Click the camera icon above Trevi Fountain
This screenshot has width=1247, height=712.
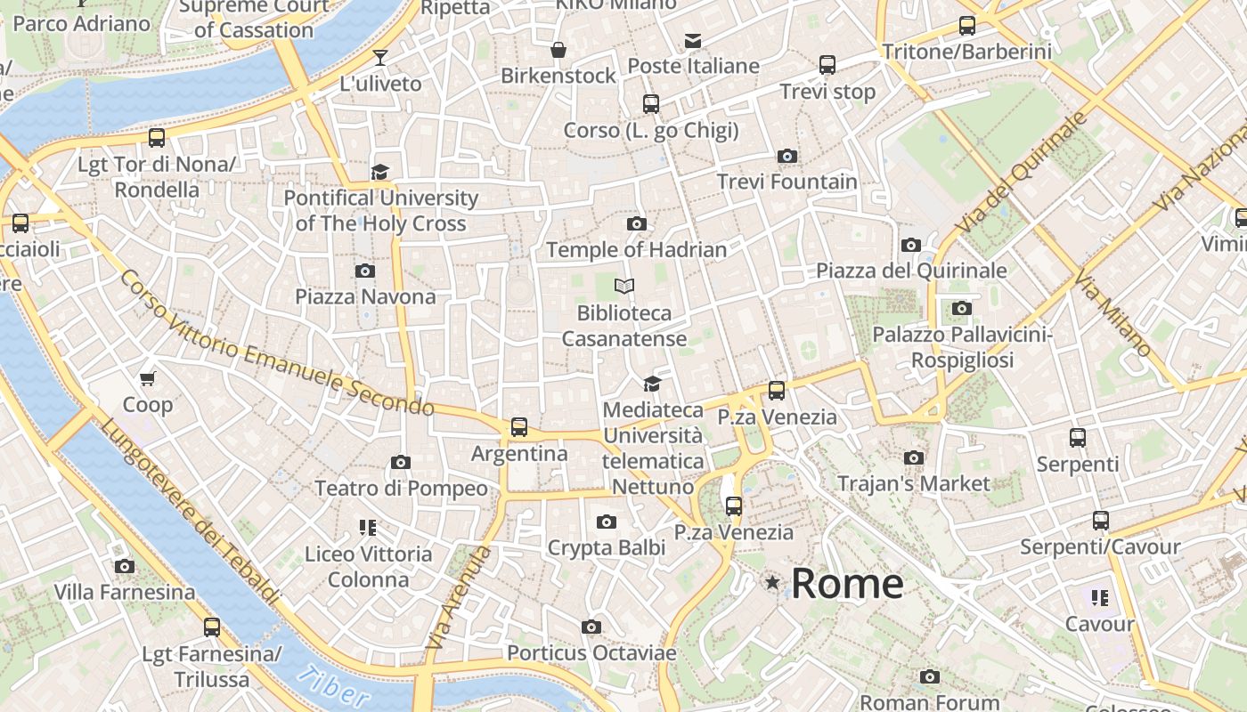pos(787,157)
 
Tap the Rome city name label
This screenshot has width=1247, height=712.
pos(847,584)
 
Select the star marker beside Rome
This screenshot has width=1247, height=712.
pos(772,583)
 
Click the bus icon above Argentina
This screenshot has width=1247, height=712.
pos(519,427)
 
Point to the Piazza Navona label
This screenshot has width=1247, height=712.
pos(365,296)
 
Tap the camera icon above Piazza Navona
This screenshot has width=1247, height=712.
pos(365,271)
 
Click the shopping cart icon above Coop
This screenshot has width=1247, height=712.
pos(148,378)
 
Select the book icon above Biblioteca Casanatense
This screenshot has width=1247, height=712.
pos(624,286)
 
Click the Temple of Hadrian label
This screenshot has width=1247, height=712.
pos(637,249)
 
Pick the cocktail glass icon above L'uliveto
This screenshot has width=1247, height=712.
pos(380,58)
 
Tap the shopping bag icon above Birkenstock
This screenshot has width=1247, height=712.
pos(558,50)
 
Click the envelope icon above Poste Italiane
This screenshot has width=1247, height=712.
pos(693,40)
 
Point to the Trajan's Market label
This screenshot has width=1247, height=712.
pos(914,483)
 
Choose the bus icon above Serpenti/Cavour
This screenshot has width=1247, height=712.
pos(1101,521)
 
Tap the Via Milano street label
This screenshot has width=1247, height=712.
pos(1113,315)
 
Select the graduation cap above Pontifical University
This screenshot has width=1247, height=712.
pos(380,172)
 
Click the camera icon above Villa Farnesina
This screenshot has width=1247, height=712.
pos(125,566)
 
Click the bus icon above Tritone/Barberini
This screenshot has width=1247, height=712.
pos(967,26)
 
